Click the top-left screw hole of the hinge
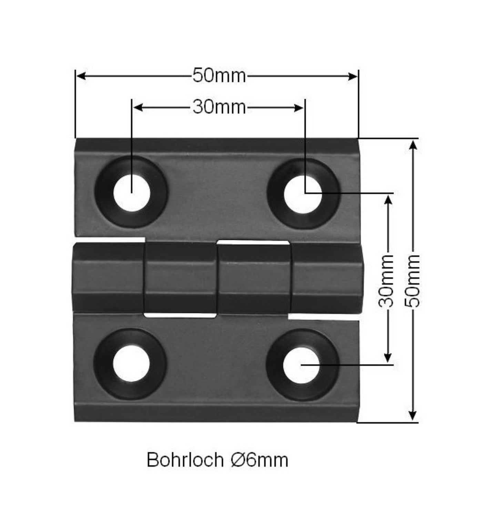(x=132, y=192)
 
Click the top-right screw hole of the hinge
(x=303, y=194)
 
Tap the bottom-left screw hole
(x=131, y=364)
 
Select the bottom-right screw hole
(x=302, y=365)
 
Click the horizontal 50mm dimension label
(x=219, y=76)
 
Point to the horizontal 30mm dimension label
(x=219, y=107)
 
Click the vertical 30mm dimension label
(x=386, y=281)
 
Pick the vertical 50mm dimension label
(x=413, y=281)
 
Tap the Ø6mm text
(x=259, y=460)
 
